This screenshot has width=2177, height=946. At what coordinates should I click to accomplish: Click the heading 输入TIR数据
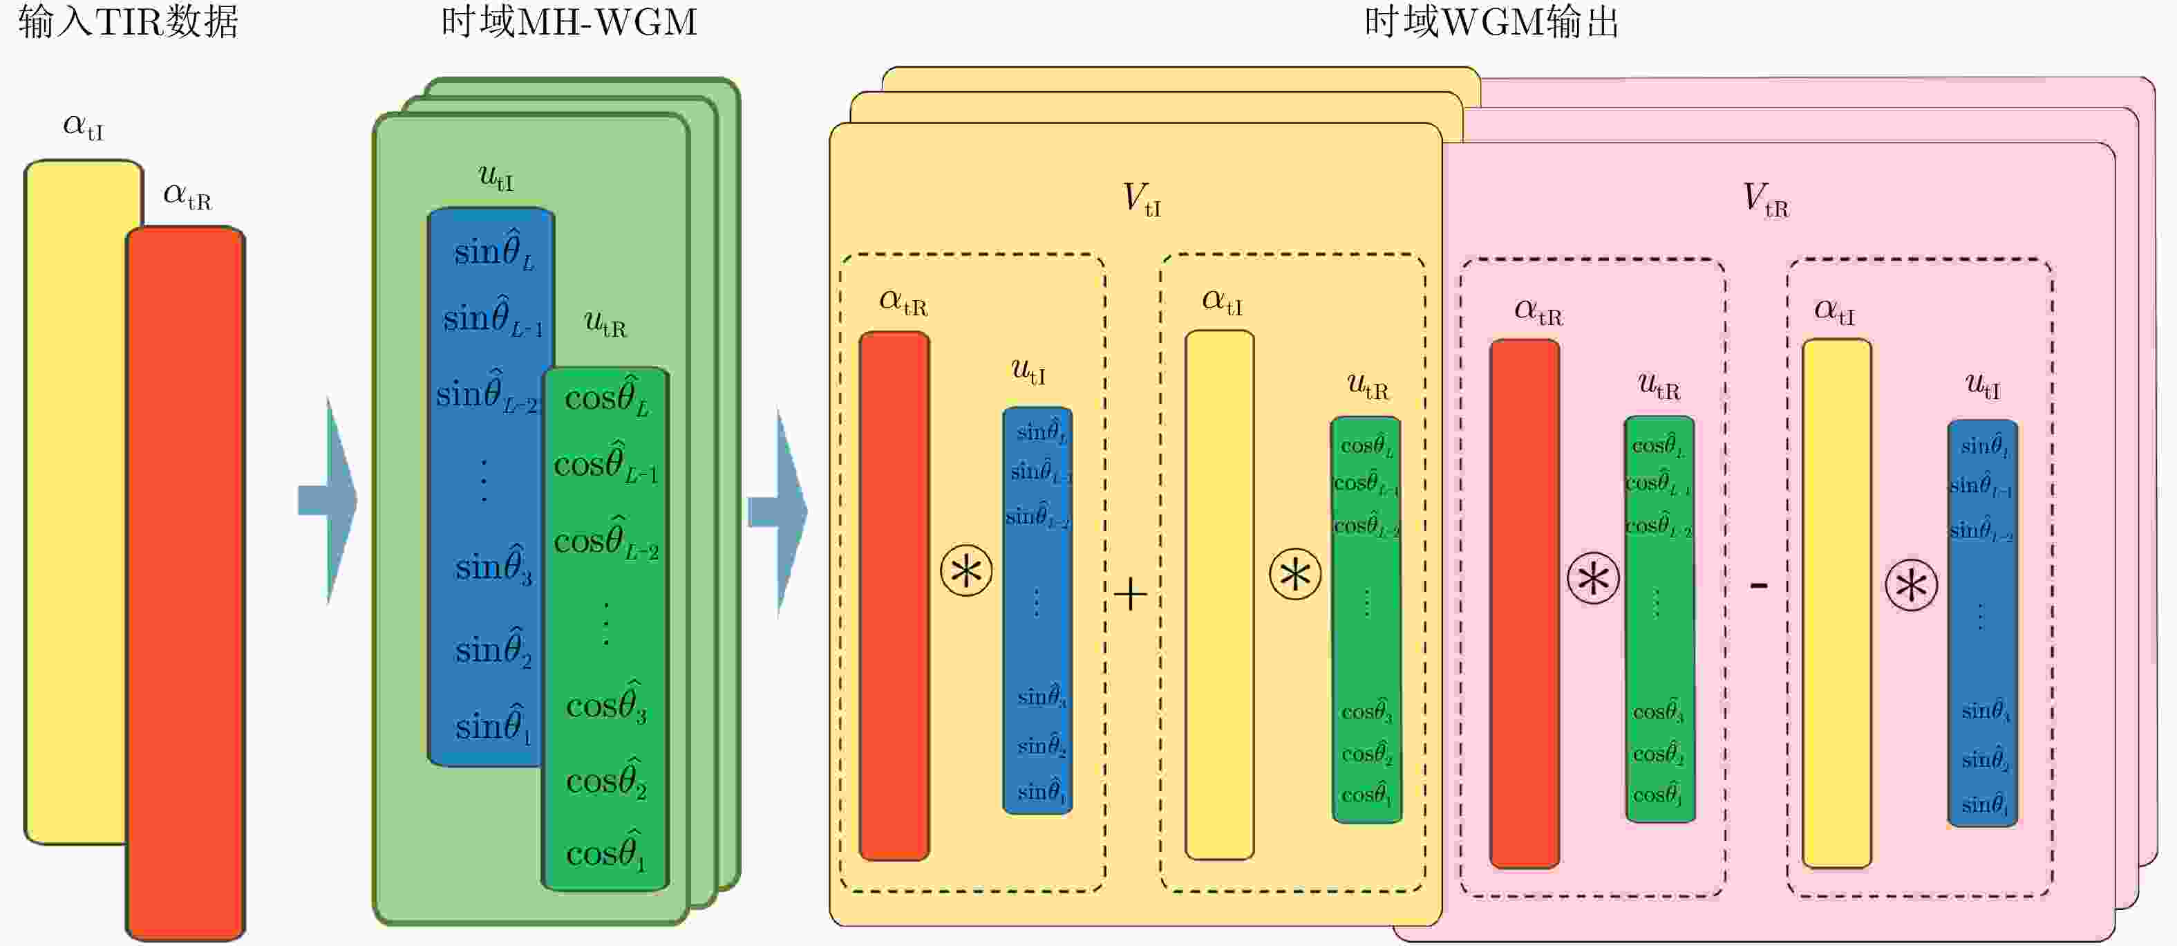129,22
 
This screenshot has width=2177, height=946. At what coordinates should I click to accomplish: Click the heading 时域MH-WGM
569,22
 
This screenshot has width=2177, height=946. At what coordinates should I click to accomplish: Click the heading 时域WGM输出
1491,22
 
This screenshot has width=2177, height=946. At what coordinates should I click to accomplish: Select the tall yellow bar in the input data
76,499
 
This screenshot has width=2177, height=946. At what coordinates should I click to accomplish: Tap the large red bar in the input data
186,584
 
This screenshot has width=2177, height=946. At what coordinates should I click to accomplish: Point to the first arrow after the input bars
330,501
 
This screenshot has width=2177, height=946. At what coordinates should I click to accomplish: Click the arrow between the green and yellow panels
779,512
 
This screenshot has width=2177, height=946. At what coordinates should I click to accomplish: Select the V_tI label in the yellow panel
1141,200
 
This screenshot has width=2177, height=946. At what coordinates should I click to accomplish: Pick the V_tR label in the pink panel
1765,201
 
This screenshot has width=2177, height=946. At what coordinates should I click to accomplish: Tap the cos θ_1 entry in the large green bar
606,851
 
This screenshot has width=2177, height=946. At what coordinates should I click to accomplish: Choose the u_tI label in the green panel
496,176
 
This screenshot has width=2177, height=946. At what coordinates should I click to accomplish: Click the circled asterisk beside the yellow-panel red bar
966,571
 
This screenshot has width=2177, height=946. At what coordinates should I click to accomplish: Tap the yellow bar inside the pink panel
1837,603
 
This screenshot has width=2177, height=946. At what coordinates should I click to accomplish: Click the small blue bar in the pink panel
1983,622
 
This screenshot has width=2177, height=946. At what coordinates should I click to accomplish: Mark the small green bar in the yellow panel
1366,619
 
